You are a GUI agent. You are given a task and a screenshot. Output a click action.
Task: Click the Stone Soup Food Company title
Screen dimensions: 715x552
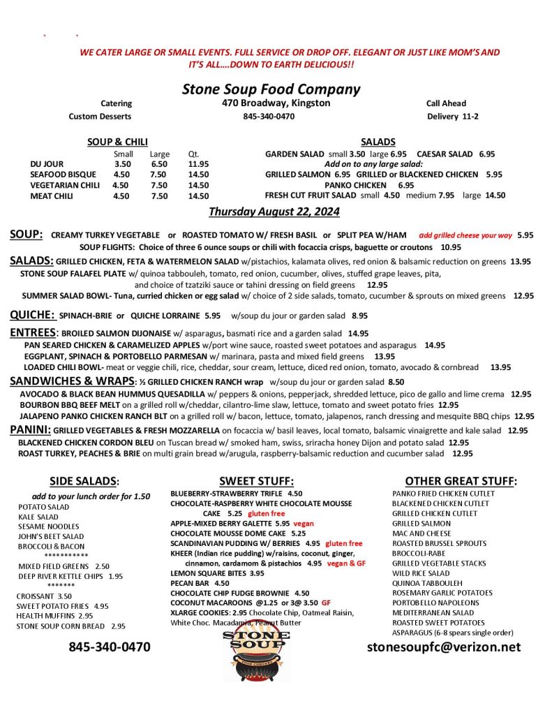(x=271, y=89)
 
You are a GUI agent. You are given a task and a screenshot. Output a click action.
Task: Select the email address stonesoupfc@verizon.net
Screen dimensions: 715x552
(x=444, y=647)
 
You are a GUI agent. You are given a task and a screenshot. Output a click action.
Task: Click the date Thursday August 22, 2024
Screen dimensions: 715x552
(x=274, y=211)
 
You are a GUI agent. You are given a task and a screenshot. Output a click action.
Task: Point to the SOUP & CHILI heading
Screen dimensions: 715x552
(x=117, y=142)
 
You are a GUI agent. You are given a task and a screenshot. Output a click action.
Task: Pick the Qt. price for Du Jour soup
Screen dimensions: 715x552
(x=198, y=164)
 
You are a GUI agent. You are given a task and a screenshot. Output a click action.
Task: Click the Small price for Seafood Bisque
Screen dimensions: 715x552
(x=121, y=175)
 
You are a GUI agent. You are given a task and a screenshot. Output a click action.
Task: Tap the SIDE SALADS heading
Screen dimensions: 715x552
(x=84, y=481)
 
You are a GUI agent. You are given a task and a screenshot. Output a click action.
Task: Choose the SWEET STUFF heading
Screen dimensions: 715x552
(x=256, y=481)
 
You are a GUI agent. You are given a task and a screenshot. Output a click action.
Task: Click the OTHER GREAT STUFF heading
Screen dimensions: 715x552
(x=461, y=481)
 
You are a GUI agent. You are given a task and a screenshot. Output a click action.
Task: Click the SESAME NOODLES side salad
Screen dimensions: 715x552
(x=49, y=526)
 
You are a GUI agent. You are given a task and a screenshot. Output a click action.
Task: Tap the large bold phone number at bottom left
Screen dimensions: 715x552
(x=110, y=647)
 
